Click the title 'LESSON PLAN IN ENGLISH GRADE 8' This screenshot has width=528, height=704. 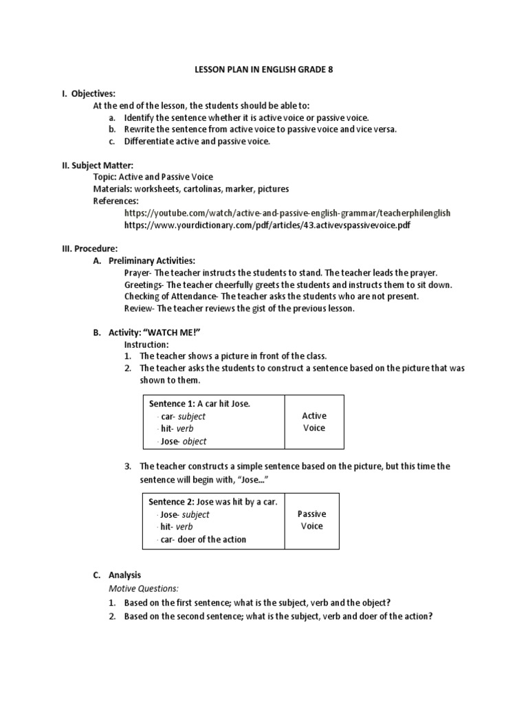(264, 70)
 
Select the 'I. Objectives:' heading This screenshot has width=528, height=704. (89, 93)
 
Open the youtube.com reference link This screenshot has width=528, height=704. (287, 213)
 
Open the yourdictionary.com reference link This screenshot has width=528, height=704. (267, 225)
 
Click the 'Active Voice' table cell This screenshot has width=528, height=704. (314, 421)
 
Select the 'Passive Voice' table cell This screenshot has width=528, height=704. (312, 520)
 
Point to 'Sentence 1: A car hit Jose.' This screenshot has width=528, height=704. (199, 404)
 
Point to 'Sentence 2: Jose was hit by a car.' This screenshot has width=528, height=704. (212, 502)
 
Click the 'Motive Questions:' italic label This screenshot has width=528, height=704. (143, 588)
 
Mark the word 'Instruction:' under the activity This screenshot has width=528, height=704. (146, 344)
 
